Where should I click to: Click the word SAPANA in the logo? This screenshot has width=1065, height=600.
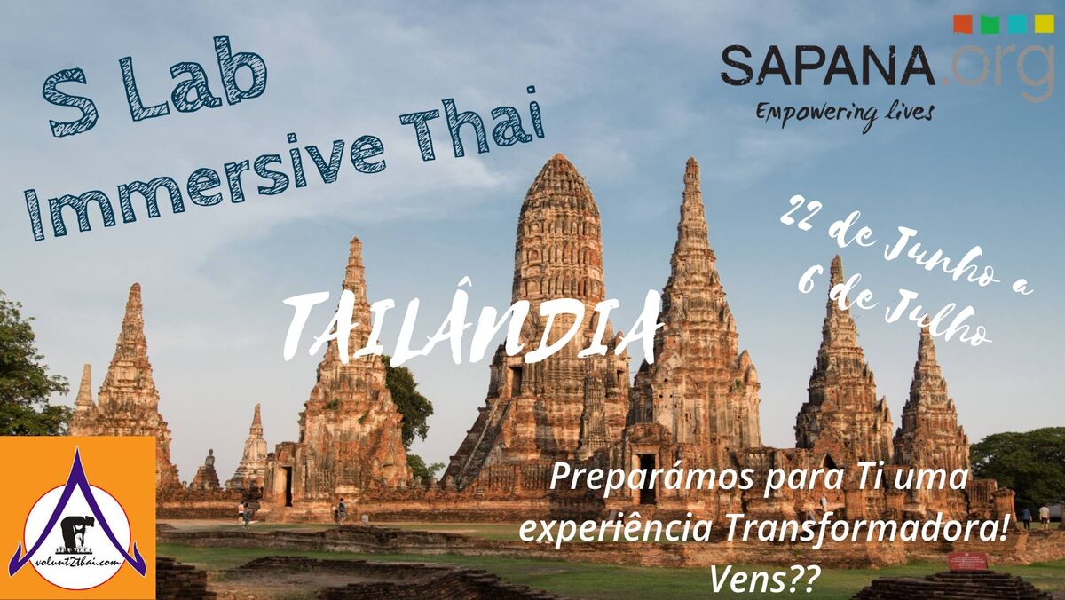tap(828, 65)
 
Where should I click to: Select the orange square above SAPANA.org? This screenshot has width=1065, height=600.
tap(963, 24)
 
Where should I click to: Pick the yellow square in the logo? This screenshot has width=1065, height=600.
tap(1045, 24)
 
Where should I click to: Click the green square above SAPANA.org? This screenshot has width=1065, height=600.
tap(990, 24)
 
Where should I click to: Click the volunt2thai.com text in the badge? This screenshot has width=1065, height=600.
tap(77, 562)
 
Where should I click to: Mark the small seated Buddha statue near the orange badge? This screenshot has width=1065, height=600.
tap(209, 458)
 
